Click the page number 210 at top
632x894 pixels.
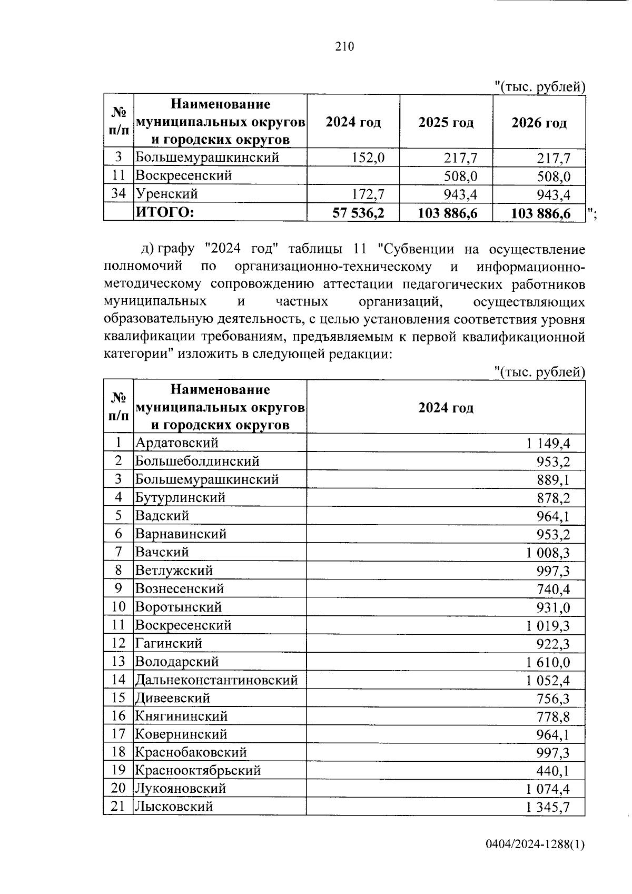click(344, 47)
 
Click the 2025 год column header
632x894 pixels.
click(446, 123)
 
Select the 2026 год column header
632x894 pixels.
click(539, 123)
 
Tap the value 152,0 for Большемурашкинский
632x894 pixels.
click(368, 158)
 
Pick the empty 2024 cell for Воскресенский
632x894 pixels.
click(353, 176)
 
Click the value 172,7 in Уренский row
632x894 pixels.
click(368, 194)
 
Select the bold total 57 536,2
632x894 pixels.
click(358, 213)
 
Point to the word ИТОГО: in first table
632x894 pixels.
click(165, 212)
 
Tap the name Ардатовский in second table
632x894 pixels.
click(176, 443)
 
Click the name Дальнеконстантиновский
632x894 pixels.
click(216, 680)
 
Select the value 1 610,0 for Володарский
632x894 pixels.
click(547, 662)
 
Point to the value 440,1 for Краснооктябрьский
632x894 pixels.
click(553, 771)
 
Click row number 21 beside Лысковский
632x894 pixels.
click(118, 806)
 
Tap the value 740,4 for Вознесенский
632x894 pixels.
click(553, 590)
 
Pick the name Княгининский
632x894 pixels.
click(181, 716)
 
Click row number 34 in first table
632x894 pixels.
click(118, 194)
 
